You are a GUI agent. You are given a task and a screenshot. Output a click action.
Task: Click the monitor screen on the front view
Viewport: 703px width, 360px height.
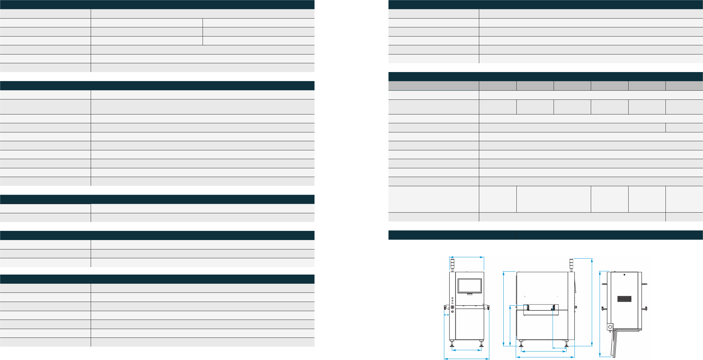click(469, 286)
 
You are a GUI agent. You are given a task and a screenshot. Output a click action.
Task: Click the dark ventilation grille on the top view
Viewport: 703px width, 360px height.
click(624, 299)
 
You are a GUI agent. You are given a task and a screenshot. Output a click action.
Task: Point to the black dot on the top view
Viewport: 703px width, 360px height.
click(624, 275)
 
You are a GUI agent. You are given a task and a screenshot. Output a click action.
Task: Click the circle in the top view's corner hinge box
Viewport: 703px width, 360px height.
click(610, 327)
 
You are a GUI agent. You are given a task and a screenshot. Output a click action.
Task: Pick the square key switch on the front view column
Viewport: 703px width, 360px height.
click(452, 307)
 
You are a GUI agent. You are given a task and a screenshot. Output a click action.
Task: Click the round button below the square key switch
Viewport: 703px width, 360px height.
click(452, 312)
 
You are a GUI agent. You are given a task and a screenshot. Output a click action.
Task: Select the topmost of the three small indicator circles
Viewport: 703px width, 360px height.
click(452, 298)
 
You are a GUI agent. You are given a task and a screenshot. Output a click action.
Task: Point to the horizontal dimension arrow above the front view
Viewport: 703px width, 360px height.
click(466, 257)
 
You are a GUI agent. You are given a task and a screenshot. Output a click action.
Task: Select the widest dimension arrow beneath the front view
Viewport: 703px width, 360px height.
click(466, 359)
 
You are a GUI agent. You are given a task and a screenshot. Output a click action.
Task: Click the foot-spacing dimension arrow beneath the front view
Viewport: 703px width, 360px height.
click(467, 350)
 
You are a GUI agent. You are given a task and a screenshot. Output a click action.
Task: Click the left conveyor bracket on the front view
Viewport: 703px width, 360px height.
click(445, 308)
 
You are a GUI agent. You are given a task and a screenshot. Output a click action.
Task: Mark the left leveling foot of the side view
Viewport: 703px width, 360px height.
click(521, 344)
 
